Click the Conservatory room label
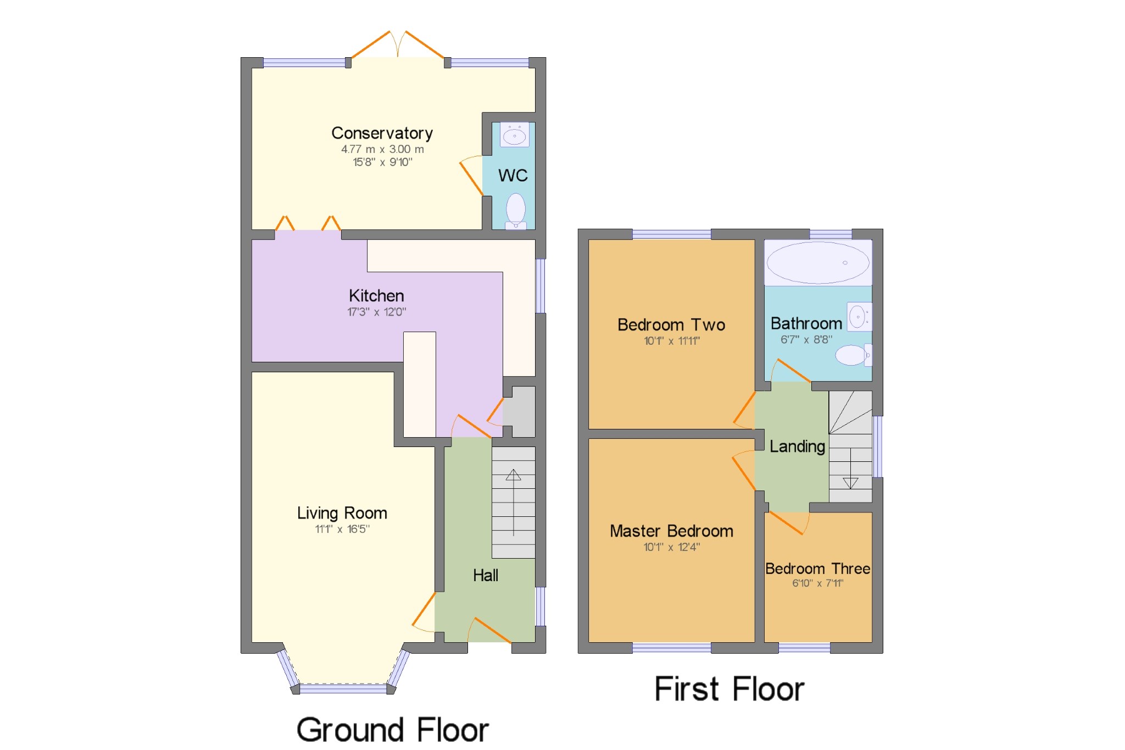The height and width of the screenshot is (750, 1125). point(382,133)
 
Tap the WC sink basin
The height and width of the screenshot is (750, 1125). point(514,135)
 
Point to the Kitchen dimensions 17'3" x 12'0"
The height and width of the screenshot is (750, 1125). point(376,312)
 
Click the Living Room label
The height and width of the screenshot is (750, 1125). point(342,513)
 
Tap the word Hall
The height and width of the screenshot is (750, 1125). point(486,576)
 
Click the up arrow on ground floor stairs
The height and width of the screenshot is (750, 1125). point(513,475)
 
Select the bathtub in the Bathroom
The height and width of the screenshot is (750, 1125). point(818,263)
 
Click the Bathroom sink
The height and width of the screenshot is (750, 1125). point(858,317)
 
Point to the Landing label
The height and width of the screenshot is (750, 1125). point(797,446)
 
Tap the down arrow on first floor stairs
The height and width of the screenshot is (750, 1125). point(850,483)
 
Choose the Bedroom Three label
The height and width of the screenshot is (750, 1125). point(817,569)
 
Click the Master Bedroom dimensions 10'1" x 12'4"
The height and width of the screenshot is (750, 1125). point(671,547)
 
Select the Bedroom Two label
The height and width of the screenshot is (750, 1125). point(671,325)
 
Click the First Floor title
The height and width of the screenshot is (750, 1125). point(729,689)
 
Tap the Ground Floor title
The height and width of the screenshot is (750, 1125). point(392,730)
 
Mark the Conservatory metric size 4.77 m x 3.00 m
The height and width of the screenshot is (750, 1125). point(382,149)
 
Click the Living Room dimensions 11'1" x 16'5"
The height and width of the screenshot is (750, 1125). point(342,529)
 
